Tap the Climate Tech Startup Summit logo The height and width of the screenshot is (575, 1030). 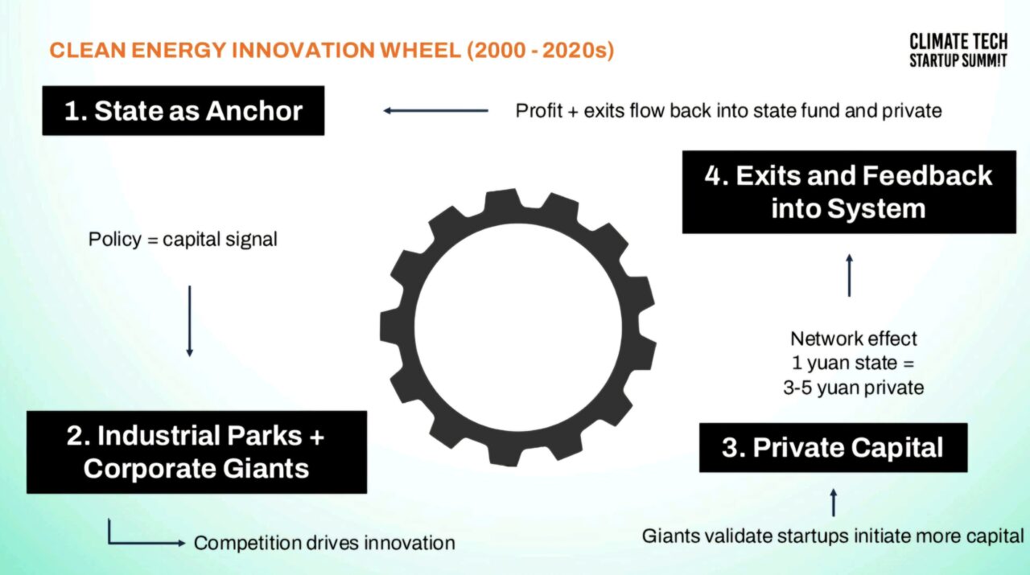(958, 51)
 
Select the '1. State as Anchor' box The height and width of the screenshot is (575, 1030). (183, 111)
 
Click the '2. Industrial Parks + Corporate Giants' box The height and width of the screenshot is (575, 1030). (197, 452)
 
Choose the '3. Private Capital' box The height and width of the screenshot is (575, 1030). (833, 448)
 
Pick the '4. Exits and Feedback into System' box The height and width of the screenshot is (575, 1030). (849, 192)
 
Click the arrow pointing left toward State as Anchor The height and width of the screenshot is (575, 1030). (436, 111)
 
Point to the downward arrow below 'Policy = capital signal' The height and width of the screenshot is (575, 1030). (189, 322)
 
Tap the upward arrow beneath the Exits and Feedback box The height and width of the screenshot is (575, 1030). (849, 275)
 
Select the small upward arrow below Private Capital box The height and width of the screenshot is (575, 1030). (833, 503)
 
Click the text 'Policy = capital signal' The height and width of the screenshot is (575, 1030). (183, 240)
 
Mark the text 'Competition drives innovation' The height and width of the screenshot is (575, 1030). (324, 544)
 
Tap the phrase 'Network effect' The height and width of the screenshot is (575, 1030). (854, 339)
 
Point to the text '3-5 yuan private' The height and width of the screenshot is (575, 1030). (854, 388)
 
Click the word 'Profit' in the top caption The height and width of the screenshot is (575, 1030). (538, 111)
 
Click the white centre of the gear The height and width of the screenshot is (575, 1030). (518, 327)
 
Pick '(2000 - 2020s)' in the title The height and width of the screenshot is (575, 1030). (540, 50)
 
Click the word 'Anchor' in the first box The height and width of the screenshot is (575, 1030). (253, 111)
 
